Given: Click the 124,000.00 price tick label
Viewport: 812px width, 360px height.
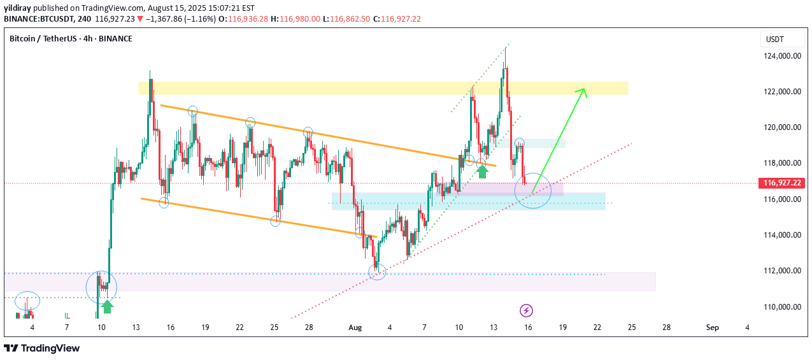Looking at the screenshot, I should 782,56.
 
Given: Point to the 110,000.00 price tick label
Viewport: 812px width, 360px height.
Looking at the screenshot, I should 782,307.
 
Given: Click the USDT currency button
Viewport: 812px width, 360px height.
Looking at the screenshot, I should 774,40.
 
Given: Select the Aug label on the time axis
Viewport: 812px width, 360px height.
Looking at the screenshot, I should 355,328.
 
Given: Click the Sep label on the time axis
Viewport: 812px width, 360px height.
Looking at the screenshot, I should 712,328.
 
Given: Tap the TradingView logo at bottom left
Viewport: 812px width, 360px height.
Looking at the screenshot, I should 42,348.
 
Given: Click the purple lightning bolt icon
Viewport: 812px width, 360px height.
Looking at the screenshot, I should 526,311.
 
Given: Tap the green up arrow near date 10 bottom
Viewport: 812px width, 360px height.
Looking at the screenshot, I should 108,306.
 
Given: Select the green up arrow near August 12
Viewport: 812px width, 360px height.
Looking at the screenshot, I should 483,170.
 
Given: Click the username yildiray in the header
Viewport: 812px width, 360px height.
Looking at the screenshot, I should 18,8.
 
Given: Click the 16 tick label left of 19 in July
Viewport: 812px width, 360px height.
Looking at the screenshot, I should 171,328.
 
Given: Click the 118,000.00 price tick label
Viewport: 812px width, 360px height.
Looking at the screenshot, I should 782,163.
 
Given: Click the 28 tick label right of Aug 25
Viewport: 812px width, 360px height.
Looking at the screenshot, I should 666,328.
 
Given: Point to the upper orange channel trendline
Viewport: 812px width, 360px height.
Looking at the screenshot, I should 318,135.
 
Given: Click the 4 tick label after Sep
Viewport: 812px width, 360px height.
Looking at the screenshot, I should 747,328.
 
